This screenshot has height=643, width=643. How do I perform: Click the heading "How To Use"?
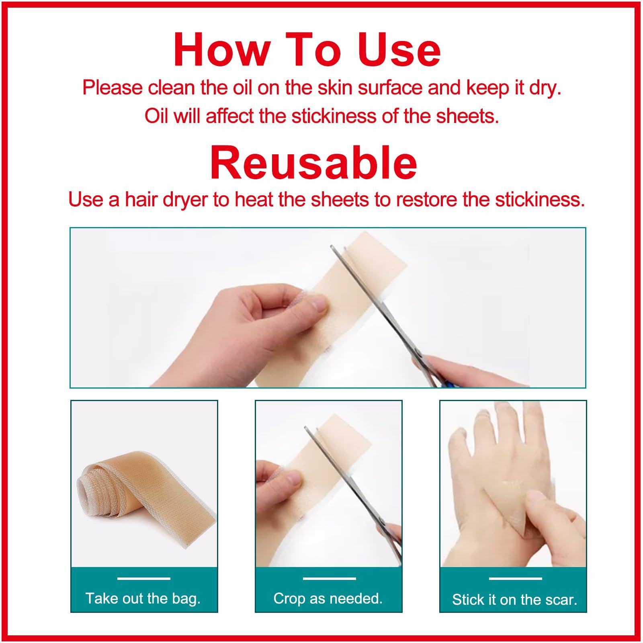307,51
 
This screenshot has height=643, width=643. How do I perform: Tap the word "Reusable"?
313,162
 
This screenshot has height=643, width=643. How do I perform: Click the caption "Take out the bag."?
143,599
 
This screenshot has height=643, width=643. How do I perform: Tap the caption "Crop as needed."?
328,599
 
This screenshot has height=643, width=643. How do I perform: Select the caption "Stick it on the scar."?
514,600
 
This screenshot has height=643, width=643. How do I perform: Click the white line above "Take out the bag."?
143,579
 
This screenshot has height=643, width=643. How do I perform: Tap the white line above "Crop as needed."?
329,579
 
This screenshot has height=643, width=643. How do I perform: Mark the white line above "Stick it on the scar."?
515,579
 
